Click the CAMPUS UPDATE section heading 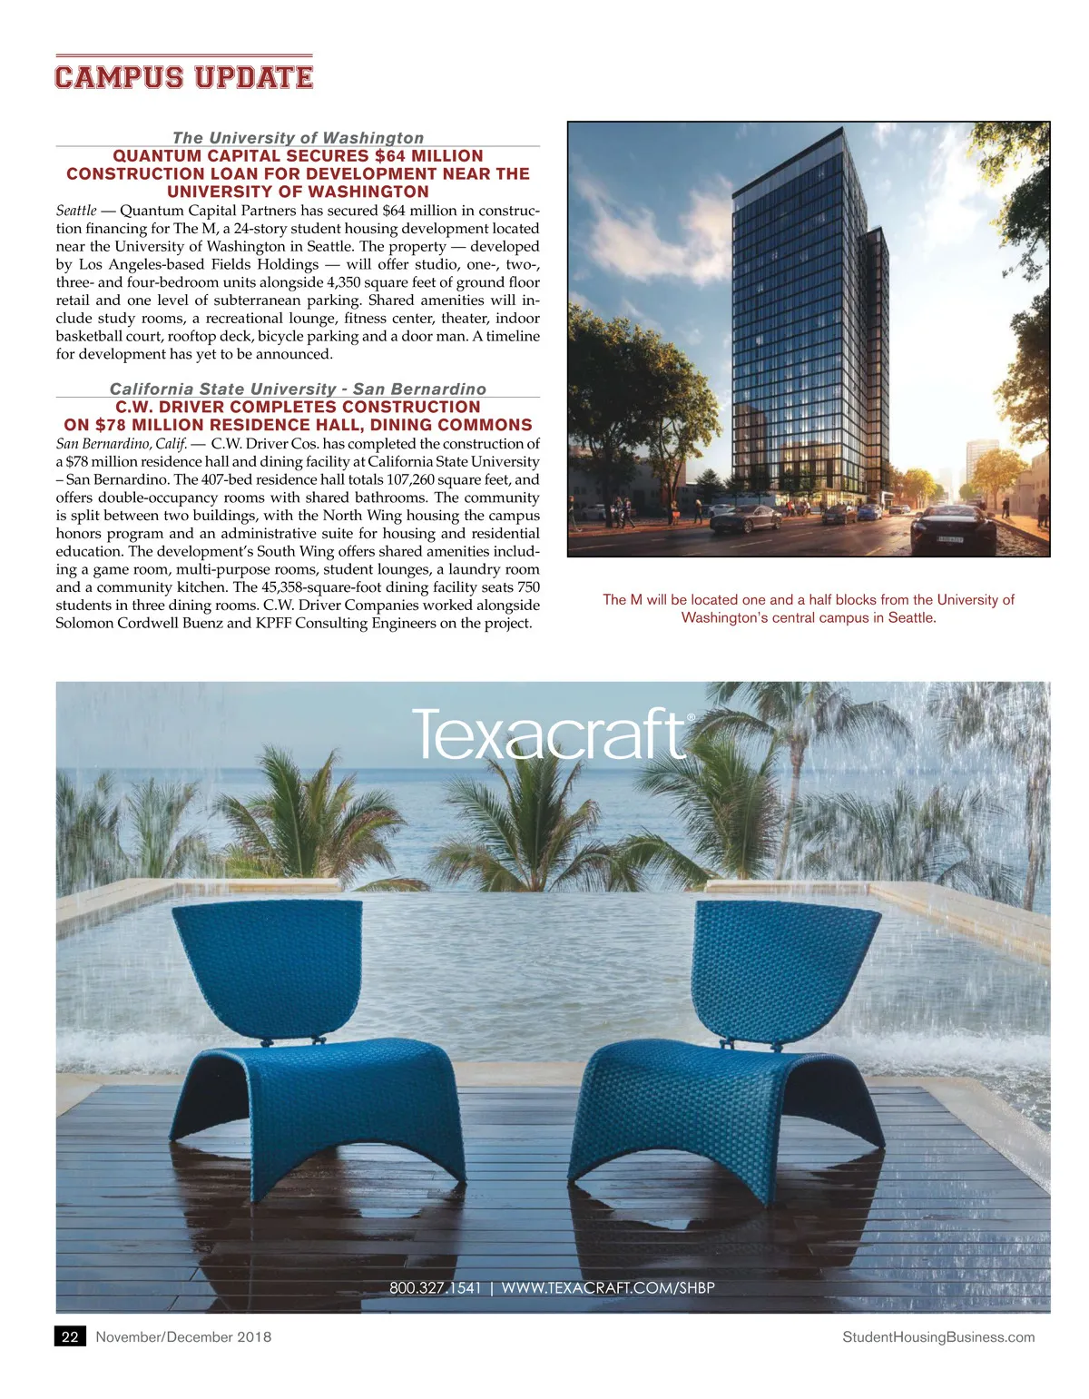(x=183, y=77)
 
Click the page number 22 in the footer (x=70, y=1336)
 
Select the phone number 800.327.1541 (x=435, y=1287)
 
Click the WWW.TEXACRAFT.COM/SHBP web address (x=607, y=1287)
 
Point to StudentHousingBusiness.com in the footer (x=938, y=1336)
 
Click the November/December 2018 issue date (x=183, y=1336)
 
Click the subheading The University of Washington (x=298, y=137)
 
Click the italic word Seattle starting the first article (x=76, y=211)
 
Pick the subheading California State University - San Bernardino (x=298, y=389)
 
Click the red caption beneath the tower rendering (x=808, y=608)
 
